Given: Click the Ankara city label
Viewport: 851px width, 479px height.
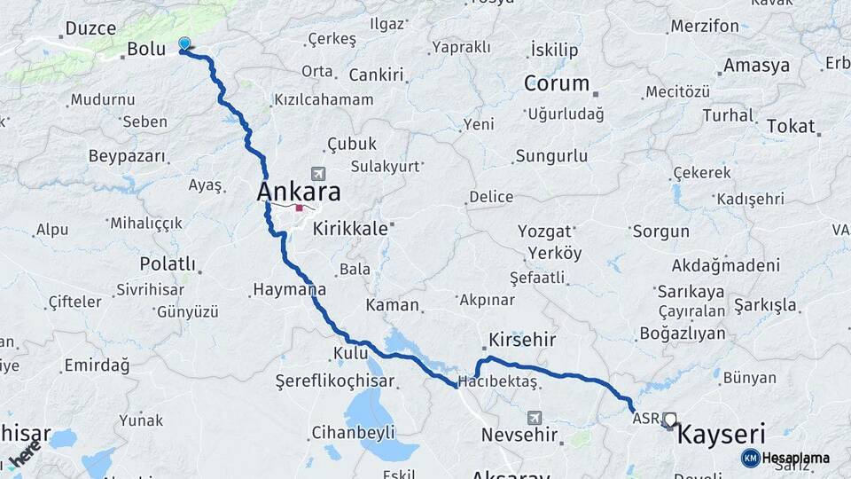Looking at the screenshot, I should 299,192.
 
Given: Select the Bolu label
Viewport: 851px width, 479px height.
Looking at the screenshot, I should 146,50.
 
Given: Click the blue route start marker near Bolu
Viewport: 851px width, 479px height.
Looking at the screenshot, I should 184,43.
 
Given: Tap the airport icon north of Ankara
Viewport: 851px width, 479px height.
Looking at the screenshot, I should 317,174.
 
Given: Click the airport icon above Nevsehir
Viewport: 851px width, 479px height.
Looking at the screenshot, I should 534,416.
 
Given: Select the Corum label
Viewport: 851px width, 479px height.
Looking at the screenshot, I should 557,83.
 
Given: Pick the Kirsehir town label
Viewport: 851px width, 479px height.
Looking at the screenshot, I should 522,341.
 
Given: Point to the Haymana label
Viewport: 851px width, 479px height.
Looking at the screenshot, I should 289,289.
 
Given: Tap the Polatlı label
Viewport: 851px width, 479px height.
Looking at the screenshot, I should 168,263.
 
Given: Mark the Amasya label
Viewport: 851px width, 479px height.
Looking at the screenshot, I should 756,66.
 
